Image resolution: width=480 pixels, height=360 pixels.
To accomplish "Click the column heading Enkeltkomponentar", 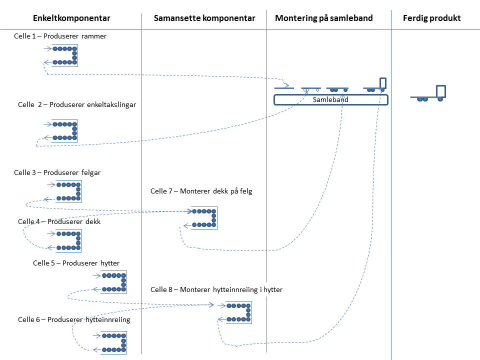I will pos(71,18).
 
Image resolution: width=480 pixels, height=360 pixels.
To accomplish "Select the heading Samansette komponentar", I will pos(204,18).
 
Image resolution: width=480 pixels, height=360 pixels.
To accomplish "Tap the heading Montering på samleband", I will pos(323,18).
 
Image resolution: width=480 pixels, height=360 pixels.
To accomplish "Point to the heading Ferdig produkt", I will pos(431,18).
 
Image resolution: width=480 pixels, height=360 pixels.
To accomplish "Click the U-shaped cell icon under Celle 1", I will pos(65,55).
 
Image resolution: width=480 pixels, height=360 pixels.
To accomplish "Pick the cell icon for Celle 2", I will pos(65,130).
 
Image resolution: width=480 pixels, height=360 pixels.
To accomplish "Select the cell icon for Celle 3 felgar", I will pos(68,191).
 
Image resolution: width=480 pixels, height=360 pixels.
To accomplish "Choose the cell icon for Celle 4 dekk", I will pos(68,240).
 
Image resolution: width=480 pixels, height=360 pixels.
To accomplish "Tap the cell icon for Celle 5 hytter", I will pos(114,282).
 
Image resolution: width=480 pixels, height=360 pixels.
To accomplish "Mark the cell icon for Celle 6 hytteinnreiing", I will pos(114,342).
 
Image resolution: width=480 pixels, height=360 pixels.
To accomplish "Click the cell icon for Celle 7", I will pos(204,218).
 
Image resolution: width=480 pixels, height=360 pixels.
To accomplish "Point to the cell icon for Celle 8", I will pos(238,312).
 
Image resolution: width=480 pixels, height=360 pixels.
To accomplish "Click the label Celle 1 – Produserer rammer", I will pos(60,36).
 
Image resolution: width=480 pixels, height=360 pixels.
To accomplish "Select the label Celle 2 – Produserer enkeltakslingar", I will pos(77,104).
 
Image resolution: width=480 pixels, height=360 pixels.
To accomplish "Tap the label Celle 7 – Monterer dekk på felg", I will pos(201,191).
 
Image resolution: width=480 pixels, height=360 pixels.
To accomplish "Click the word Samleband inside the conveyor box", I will pos(330,99).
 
